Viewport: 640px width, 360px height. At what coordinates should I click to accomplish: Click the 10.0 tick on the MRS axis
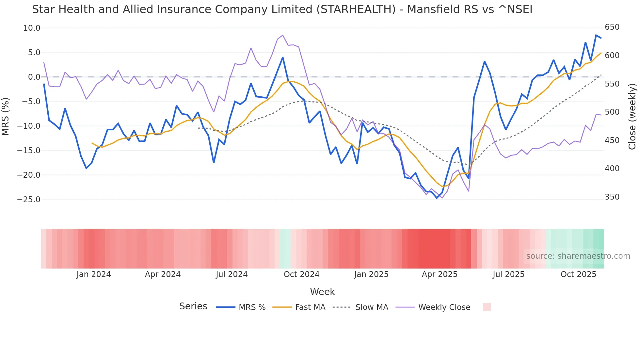[32, 28]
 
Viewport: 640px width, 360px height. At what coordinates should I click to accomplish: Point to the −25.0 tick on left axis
[29, 200]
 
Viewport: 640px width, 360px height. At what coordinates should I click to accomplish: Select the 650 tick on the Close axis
[612, 27]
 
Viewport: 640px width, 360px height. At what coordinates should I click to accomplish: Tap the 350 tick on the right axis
[612, 197]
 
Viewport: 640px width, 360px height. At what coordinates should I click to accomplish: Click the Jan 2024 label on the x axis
[94, 274]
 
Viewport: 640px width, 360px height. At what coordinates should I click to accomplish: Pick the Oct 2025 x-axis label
[578, 274]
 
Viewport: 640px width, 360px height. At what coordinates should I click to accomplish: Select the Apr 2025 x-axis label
[440, 274]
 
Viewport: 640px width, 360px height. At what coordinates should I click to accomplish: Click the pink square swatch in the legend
[487, 307]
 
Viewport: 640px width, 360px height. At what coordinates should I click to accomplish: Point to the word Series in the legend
[193, 306]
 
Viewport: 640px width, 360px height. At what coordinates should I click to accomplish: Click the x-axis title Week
[322, 292]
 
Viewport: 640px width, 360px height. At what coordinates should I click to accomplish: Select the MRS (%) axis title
[6, 116]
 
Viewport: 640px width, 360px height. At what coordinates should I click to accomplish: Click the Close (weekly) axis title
[632, 116]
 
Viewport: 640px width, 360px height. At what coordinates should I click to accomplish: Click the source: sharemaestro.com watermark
[578, 256]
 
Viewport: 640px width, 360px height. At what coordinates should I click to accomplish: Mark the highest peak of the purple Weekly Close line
[282, 35]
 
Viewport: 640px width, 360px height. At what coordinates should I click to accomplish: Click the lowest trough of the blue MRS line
[437, 198]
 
